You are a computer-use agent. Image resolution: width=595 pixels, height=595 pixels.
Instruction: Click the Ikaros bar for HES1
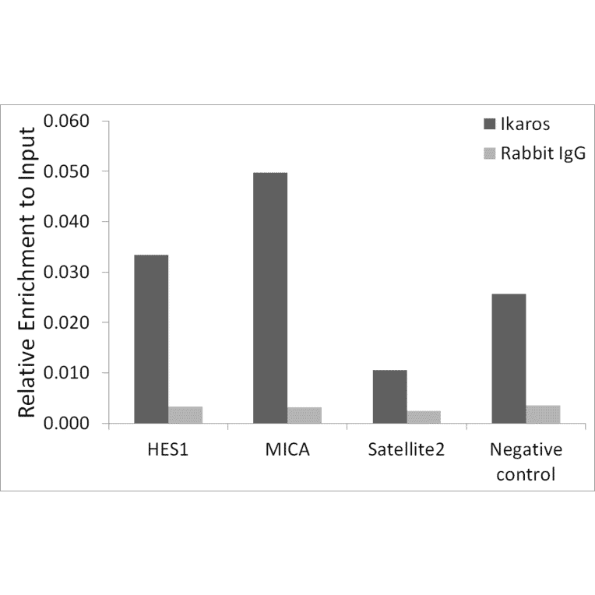click(x=151, y=339)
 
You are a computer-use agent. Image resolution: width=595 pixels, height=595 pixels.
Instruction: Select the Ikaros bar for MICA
click(x=270, y=297)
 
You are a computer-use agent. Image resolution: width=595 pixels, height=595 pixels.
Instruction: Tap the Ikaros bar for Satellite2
click(x=389, y=396)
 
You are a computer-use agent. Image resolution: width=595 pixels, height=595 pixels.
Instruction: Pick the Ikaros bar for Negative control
click(x=509, y=358)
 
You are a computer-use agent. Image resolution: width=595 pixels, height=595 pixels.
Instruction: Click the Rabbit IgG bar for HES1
click(x=185, y=415)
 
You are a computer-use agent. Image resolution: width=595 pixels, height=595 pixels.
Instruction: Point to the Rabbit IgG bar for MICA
click(x=305, y=415)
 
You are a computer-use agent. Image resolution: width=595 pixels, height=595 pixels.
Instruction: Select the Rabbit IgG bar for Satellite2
click(x=424, y=417)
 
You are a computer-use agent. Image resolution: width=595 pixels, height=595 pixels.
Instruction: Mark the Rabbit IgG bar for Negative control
click(x=543, y=414)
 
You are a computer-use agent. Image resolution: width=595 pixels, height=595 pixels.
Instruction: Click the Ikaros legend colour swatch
click(x=490, y=125)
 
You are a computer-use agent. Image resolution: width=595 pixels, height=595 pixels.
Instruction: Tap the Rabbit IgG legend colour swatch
click(x=490, y=153)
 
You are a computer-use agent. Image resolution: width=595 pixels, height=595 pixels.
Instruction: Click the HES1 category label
click(x=168, y=451)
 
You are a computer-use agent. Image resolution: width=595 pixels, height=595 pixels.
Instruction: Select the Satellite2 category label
click(x=407, y=451)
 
